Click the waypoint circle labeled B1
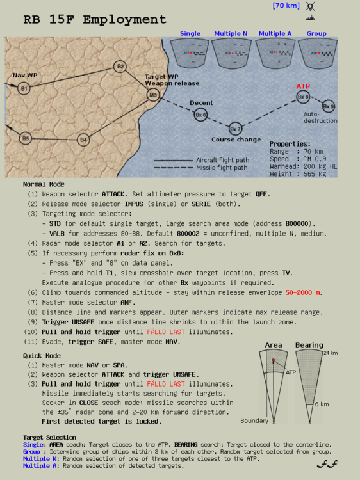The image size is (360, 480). coord(24,88)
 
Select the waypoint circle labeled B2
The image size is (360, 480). coord(120,67)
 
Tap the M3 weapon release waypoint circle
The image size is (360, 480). coord(153,95)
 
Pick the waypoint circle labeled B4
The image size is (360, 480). coord(83,139)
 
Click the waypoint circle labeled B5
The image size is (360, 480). coord(25,138)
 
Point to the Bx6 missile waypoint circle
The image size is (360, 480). coord(200,115)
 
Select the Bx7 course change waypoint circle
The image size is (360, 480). coord(235,129)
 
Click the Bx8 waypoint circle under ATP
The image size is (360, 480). coord(303,97)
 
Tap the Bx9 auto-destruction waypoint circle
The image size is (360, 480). coord(328,106)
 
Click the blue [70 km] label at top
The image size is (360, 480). coord(286,6)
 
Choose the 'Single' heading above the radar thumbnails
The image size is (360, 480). coord(190,33)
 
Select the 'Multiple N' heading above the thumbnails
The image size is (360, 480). coord(231,33)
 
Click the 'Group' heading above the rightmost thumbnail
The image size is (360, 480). coord(316,33)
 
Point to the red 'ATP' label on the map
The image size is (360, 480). coord(303,86)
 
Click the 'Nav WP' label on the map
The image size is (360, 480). coord(24,76)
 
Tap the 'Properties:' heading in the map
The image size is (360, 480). coord(290,144)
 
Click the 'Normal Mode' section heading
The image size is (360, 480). coord(44,184)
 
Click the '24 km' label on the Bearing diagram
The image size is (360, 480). coord(331,353)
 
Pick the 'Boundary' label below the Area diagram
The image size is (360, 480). coord(254,420)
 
